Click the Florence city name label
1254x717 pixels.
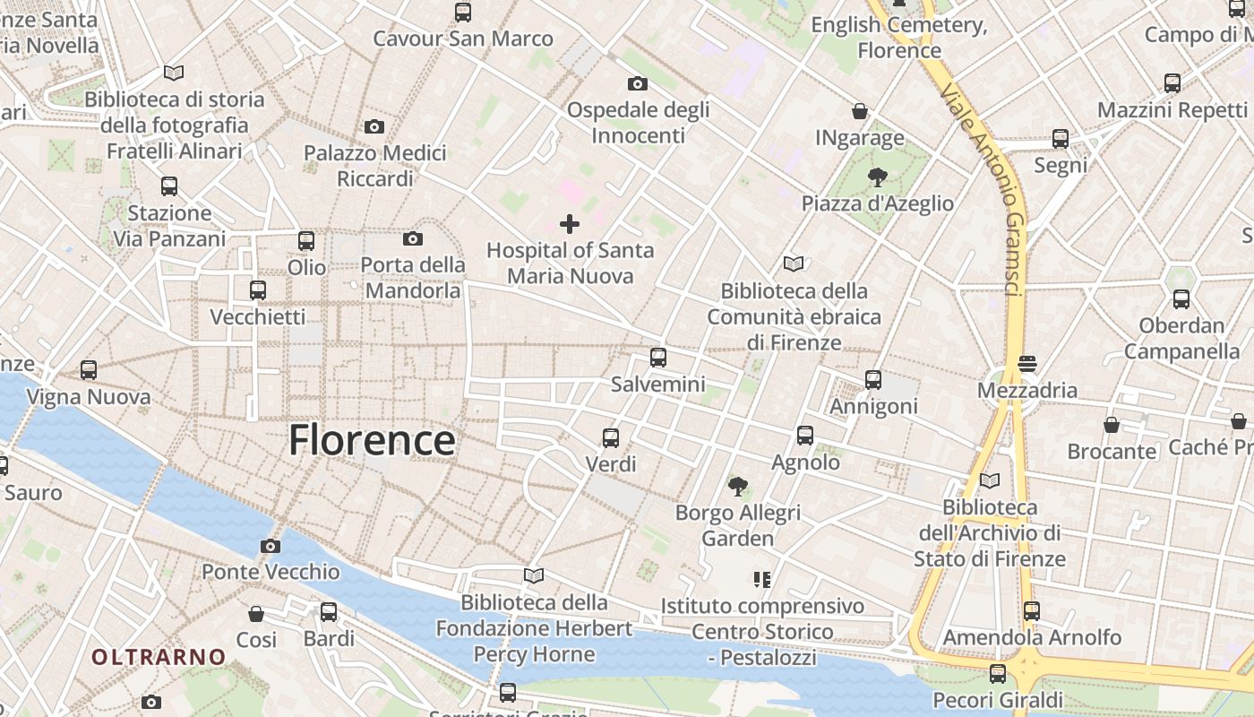pyautogui.click(x=372, y=441)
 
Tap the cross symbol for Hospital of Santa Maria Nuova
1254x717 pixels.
pyautogui.click(x=570, y=223)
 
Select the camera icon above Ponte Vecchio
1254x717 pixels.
pyautogui.click(x=271, y=546)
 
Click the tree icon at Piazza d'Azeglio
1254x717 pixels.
pyautogui.click(x=878, y=177)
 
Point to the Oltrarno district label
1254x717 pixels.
pyautogui.click(x=159, y=657)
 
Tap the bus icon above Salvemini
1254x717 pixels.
pyautogui.click(x=658, y=358)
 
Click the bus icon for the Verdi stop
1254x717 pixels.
pyautogui.click(x=611, y=437)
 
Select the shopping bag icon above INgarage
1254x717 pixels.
pyautogui.click(x=860, y=111)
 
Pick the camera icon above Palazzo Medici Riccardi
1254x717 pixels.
pyautogui.click(x=374, y=126)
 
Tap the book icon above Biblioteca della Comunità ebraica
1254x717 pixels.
pyautogui.click(x=794, y=263)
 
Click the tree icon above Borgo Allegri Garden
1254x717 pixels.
pyautogui.click(x=738, y=487)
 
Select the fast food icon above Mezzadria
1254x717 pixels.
pyautogui.click(x=1027, y=364)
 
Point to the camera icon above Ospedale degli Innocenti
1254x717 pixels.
pyautogui.click(x=638, y=83)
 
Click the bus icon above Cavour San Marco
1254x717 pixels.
pyautogui.click(x=463, y=13)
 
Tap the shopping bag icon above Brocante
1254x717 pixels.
pyautogui.click(x=1112, y=424)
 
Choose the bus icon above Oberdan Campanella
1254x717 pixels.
pyautogui.click(x=1181, y=299)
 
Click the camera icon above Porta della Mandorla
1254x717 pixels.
pyautogui.click(x=413, y=238)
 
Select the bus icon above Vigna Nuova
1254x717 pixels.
pyautogui.click(x=89, y=369)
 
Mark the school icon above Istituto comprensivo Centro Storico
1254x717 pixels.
pyautogui.click(x=762, y=580)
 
